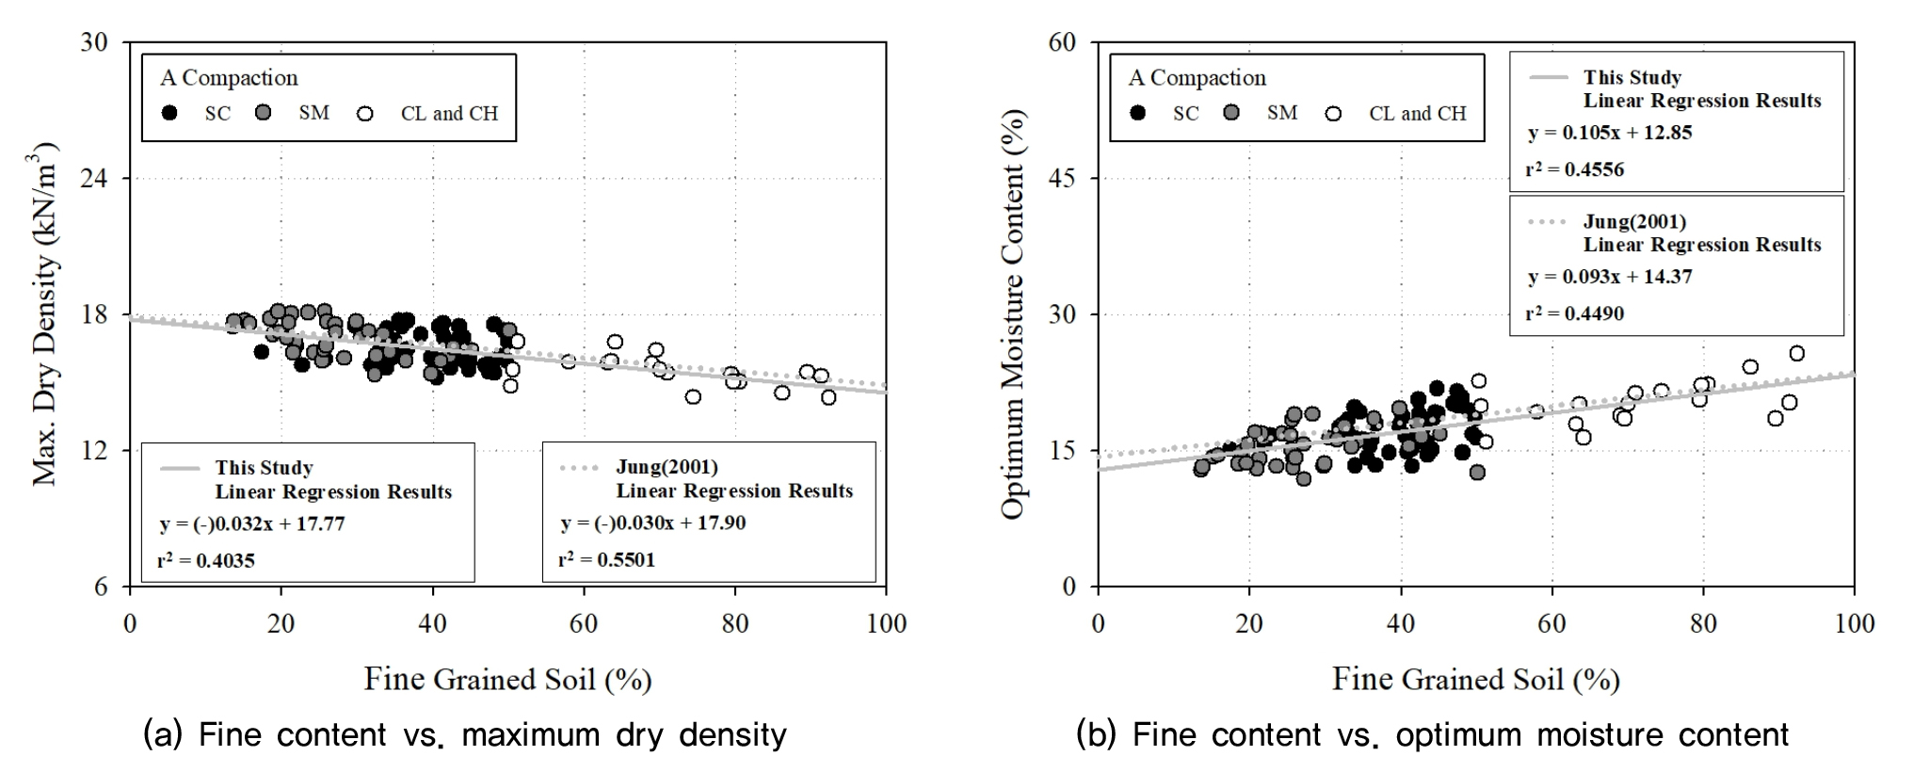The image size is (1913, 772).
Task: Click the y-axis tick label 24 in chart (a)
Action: click(x=96, y=178)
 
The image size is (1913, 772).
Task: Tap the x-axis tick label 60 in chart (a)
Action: click(x=584, y=623)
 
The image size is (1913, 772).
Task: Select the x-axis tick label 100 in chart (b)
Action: click(x=1853, y=623)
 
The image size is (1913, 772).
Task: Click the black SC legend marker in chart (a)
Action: click(x=169, y=113)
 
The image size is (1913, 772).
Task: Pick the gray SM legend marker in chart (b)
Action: click(x=1231, y=113)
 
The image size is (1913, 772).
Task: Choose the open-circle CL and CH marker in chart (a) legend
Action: click(x=365, y=114)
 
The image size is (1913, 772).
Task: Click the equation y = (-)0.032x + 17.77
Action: click(x=251, y=523)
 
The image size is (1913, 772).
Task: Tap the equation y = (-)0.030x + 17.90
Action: click(x=652, y=523)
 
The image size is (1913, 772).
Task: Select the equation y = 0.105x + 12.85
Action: click(x=1610, y=133)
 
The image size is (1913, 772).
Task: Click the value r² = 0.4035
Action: click(x=206, y=560)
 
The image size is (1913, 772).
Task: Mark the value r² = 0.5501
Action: click(x=606, y=559)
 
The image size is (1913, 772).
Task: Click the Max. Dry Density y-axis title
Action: click(x=45, y=314)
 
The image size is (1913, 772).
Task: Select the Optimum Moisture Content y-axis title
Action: click(x=1013, y=314)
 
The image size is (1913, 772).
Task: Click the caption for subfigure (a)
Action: click(x=464, y=734)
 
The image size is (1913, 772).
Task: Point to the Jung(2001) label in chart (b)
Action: click(x=1634, y=222)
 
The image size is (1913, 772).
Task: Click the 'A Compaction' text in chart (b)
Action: click(x=1197, y=77)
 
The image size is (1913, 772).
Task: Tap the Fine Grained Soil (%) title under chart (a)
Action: click(x=507, y=679)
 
